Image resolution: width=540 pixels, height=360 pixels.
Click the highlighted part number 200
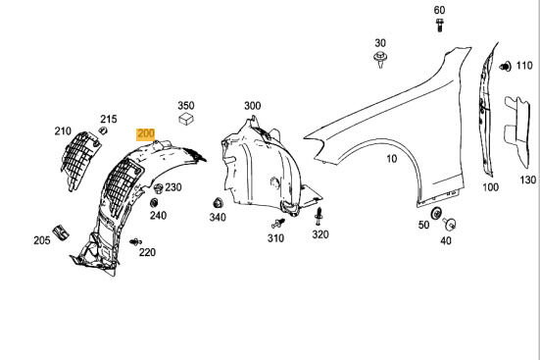145,133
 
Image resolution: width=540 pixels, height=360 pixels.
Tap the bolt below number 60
439,26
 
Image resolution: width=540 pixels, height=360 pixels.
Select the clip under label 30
380,59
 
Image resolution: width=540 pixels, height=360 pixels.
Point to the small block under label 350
186,119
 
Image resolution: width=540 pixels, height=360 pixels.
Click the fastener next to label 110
506,66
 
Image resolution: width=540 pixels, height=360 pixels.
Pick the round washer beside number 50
436,213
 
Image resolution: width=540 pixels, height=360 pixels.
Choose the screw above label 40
449,224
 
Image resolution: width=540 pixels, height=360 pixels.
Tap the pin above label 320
319,216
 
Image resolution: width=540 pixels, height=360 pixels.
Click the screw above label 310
278,223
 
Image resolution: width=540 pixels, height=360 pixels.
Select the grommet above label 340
218,203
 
